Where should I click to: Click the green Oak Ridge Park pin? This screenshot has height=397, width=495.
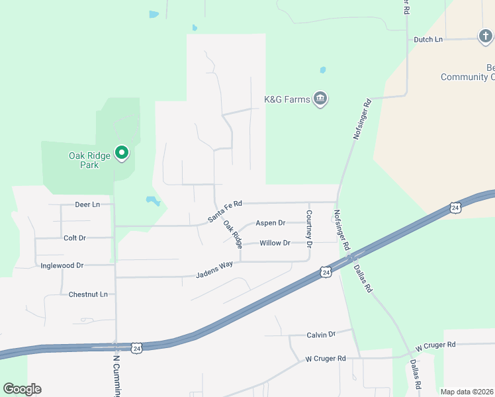(122, 153)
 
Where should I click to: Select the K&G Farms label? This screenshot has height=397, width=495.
(287, 99)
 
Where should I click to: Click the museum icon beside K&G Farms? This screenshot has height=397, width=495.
(321, 99)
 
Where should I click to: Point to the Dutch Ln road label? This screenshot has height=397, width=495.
(428, 40)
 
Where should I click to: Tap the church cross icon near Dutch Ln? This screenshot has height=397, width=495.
(485, 36)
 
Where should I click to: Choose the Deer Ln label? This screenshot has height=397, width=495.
(87, 204)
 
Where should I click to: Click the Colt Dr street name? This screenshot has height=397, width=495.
(75, 238)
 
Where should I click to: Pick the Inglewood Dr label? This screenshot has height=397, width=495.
(62, 265)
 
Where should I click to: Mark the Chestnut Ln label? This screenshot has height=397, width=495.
(88, 294)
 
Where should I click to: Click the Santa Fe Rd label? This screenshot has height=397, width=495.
(225, 211)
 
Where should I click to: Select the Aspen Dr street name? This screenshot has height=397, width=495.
(270, 223)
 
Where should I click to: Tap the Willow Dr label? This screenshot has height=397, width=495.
(275, 243)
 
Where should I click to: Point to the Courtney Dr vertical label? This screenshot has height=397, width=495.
(309, 228)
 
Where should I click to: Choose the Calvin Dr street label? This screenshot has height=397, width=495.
(321, 335)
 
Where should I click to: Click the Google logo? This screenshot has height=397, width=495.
(22, 389)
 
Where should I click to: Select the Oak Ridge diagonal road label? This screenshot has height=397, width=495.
(232, 234)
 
